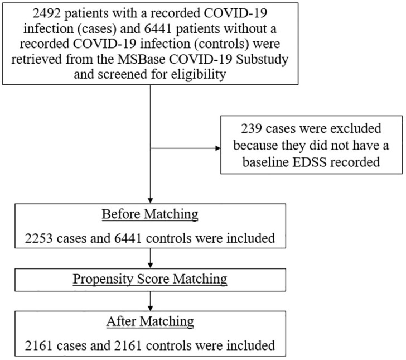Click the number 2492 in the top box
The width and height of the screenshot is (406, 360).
(47, 13)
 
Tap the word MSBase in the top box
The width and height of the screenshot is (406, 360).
(142, 59)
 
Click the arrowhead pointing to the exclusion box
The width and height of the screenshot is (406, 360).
(218, 148)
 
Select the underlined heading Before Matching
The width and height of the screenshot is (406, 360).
(150, 215)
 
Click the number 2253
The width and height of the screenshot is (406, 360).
(39, 238)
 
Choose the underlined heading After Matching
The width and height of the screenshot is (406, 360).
(150, 322)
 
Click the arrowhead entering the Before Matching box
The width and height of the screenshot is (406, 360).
(150, 201)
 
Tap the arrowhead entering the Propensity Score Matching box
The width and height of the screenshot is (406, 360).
(150, 266)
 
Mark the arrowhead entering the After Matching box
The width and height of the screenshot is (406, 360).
(150, 309)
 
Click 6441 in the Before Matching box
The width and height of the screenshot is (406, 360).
(128, 238)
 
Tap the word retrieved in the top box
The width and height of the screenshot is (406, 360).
(37, 59)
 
